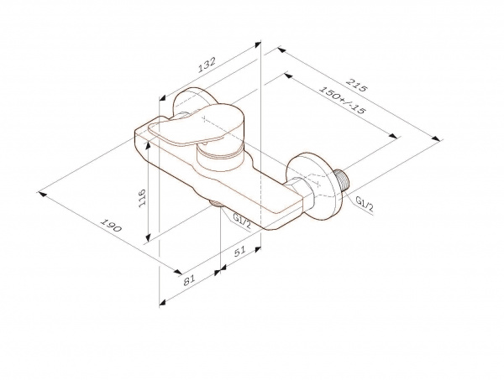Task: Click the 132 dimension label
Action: coord(207,65)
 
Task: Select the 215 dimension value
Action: coord(356,85)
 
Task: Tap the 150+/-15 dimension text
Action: coord(343,101)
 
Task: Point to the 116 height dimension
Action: coord(142,198)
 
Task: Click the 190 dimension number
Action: coord(111,225)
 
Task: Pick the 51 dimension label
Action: coord(239,252)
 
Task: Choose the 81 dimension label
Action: coord(189,279)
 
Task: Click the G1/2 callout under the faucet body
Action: coord(242,221)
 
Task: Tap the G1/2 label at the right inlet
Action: coord(365,204)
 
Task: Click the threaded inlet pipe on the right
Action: coord(342,180)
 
